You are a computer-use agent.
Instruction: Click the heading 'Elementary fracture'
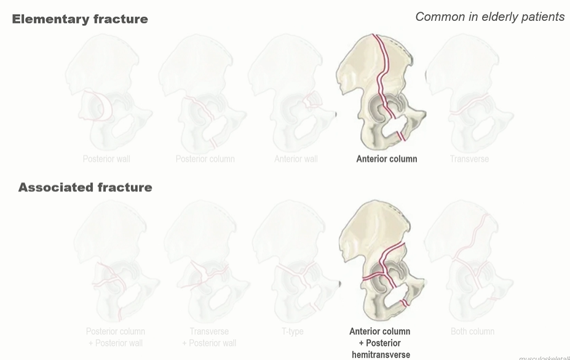click(80, 19)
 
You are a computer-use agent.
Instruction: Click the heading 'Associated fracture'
click(85, 187)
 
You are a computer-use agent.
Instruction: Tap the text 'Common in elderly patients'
click(489, 17)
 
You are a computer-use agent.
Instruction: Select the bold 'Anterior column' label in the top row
click(386, 159)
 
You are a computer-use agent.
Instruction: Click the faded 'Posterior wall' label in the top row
click(106, 159)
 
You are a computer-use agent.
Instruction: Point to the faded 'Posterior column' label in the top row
click(205, 159)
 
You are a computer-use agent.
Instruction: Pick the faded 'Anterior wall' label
click(296, 159)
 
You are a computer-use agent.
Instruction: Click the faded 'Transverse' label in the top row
click(469, 159)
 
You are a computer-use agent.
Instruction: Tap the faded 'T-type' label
click(293, 331)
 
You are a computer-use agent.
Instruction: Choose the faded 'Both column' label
click(472, 331)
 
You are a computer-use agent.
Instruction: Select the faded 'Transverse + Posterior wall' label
click(208, 337)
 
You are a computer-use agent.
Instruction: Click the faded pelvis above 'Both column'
click(470, 262)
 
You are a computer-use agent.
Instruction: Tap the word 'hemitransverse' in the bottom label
click(381, 354)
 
